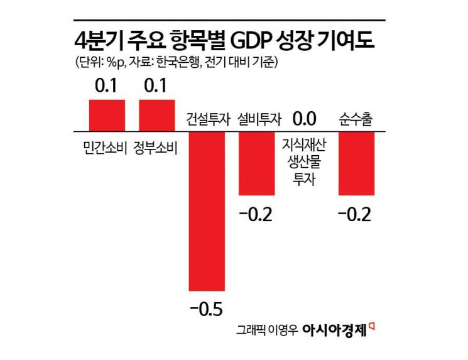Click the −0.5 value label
(207, 308)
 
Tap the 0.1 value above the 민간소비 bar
(106, 85)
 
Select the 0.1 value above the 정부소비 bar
(156, 85)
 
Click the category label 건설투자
(207, 119)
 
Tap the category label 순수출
(356, 119)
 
